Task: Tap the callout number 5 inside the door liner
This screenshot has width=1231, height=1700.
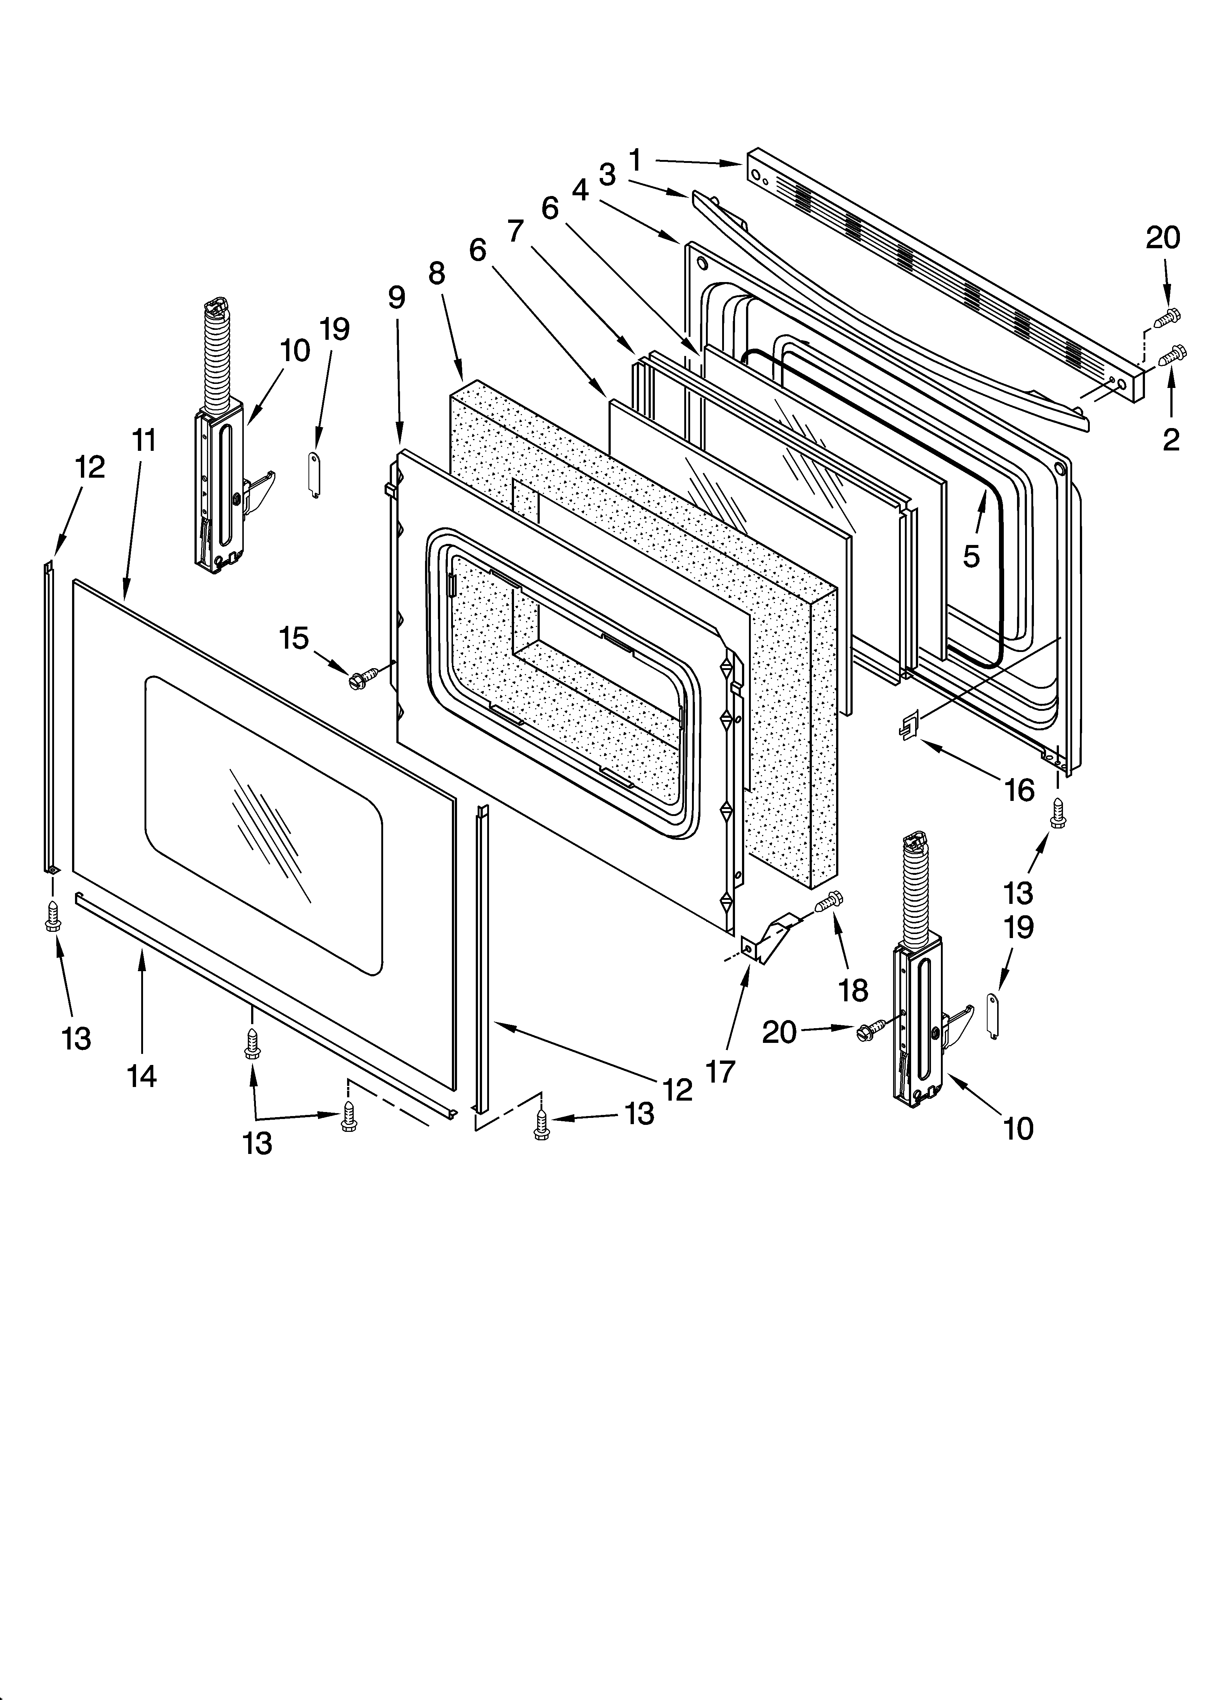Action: coord(971,555)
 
